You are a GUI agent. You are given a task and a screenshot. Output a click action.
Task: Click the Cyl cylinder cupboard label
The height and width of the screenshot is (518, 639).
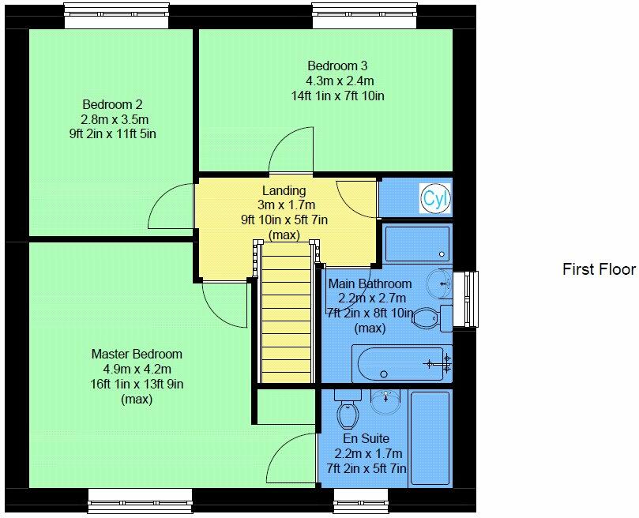click(x=434, y=198)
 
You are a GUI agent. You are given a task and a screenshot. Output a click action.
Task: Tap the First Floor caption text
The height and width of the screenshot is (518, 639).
click(x=599, y=269)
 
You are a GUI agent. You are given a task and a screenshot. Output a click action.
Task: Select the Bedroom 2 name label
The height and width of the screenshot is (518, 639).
click(x=112, y=104)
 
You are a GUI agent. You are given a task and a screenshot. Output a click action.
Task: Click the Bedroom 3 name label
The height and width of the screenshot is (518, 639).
click(x=337, y=66)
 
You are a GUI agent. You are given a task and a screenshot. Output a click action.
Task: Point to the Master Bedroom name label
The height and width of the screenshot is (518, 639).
click(x=137, y=355)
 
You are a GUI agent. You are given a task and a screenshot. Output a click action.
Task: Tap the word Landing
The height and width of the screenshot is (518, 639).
click(x=284, y=190)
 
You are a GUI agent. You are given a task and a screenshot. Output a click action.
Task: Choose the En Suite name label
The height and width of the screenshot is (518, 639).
click(x=366, y=438)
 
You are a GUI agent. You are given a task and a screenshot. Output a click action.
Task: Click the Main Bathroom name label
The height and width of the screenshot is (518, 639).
click(x=370, y=283)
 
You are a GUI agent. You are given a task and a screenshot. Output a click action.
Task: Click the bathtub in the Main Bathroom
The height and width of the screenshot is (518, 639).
click(x=401, y=365)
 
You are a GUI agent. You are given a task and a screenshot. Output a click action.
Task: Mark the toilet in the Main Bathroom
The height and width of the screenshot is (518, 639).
click(x=427, y=317)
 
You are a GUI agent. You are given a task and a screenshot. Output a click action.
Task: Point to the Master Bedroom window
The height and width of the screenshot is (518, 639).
click(x=140, y=500)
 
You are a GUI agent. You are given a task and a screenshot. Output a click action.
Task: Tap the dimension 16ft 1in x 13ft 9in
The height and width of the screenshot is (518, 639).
click(x=137, y=385)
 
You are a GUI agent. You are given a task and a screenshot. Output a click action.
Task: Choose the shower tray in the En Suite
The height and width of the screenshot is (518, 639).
click(x=429, y=437)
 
